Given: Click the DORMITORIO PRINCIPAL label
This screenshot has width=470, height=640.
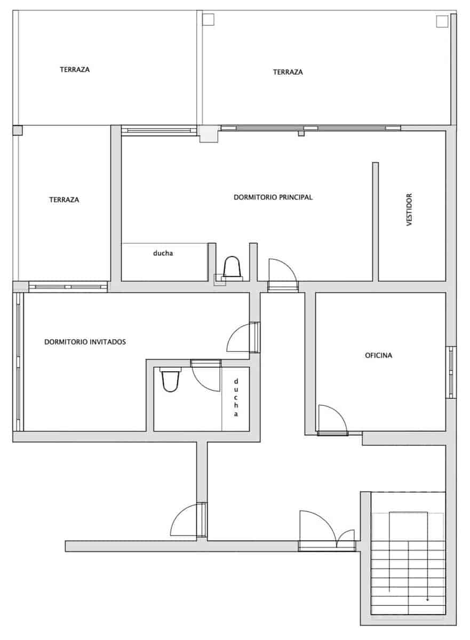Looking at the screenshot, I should pos(273,197).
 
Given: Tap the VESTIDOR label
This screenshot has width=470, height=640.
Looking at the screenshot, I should pos(409,210).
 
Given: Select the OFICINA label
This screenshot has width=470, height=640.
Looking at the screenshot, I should pos(378,355).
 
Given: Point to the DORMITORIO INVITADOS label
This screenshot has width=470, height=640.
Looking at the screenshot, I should pos(85,342).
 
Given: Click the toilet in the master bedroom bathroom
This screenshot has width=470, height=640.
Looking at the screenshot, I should pos(233,267).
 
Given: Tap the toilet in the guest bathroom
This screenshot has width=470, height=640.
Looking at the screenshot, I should pos(169,381).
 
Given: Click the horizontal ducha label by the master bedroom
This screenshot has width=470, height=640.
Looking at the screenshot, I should pos(163,254).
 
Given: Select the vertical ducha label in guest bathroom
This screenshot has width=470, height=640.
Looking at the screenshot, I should pos(235,398).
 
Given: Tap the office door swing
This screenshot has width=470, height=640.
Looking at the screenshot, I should pos(331,419).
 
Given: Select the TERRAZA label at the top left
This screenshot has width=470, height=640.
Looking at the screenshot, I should pos(74,69).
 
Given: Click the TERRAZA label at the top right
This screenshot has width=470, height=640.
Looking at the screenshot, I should pos(288,72).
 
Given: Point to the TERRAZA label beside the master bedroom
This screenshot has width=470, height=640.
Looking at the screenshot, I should pos(64,200).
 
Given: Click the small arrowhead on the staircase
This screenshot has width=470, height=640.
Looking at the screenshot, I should pos(427,599).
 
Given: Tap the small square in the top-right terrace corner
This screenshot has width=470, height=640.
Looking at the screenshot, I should pos(441,21).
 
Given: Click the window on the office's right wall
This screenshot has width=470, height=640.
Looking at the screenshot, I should pos(451,372).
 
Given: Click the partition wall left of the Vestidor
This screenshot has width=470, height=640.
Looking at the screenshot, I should pos(375,221).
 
